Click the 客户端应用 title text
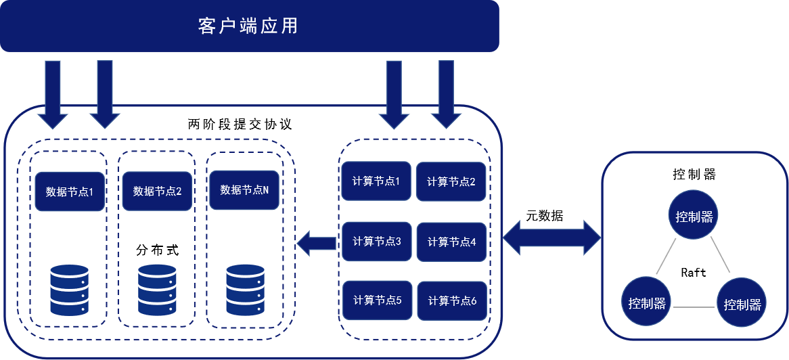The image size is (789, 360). coord(248,26)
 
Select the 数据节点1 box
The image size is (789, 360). coord(69,191)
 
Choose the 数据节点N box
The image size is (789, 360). coord(244,190)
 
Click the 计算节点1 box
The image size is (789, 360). coord(376,181)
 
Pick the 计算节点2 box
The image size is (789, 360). coord(451,181)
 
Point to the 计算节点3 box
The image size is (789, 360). coord(377,241)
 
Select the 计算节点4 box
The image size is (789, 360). coord(451,242)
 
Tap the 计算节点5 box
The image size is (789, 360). coord(377,300)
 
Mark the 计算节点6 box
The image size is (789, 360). coord(451,300)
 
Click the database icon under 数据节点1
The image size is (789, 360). coord(69,290)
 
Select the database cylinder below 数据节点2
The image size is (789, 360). coord(157,289)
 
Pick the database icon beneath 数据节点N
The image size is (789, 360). coord(245,289)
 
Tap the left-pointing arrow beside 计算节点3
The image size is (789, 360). coord(317,243)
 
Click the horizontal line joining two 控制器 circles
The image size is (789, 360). coord(694,307)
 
